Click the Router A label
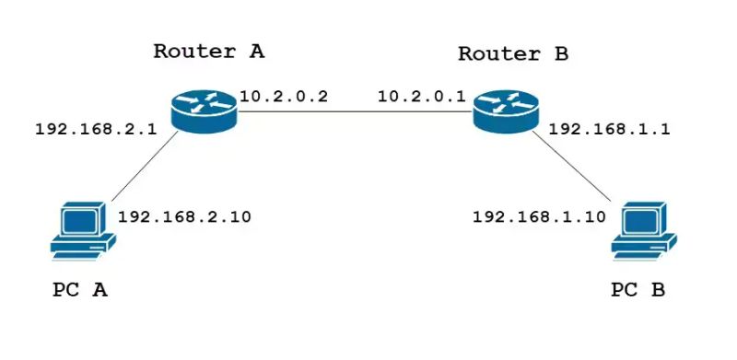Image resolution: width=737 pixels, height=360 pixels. (x=208, y=51)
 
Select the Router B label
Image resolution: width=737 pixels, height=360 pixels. (x=513, y=53)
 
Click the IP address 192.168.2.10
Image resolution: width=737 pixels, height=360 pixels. (x=184, y=217)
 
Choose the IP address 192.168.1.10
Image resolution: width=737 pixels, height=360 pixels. (x=539, y=217)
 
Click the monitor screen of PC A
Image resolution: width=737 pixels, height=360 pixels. (x=80, y=221)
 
